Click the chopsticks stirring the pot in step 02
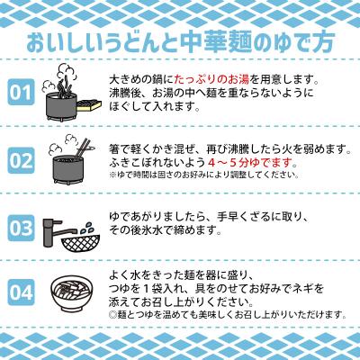tap(82, 147)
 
